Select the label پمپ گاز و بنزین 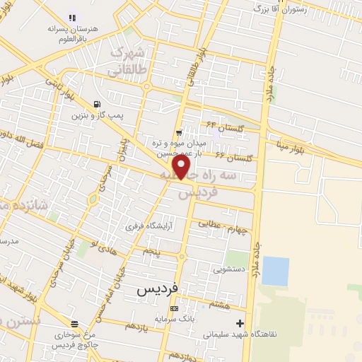[x=97, y=115]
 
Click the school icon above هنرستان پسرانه [x=71, y=16]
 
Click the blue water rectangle [x=275, y=271]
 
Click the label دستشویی [x=230, y=269]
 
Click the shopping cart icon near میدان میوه [x=180, y=132]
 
